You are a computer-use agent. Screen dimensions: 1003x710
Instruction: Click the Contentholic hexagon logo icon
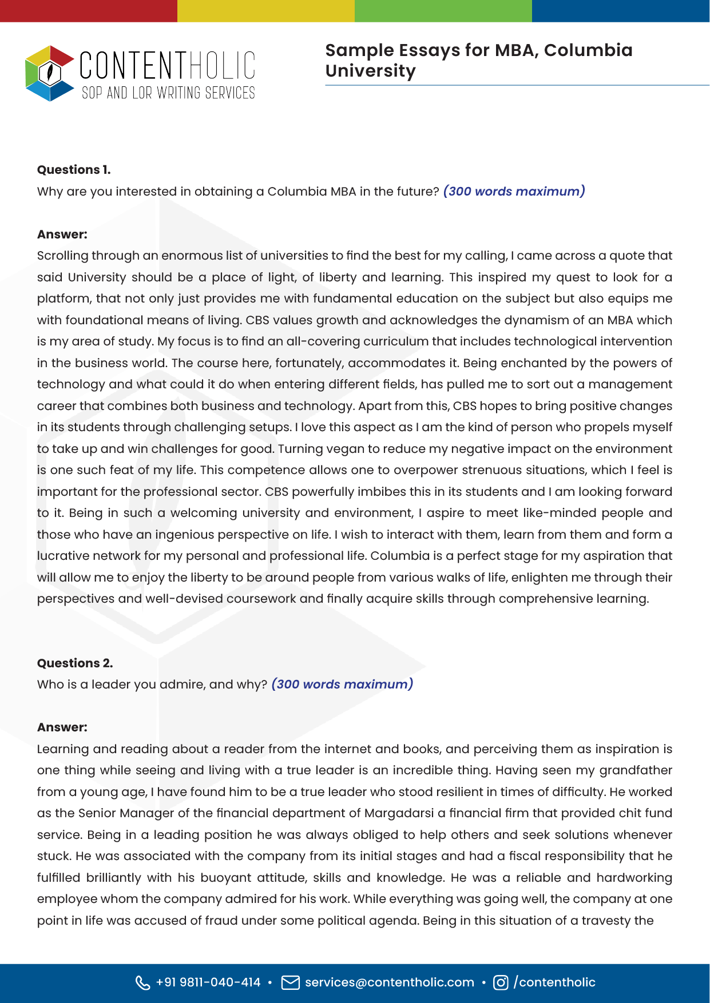[50, 73]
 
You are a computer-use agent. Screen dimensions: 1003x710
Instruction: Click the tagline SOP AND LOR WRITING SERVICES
[168, 93]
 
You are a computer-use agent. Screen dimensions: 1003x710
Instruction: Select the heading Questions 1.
[74, 170]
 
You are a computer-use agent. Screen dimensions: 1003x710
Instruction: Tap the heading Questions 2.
[75, 663]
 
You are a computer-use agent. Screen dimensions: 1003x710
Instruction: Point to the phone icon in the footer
[142, 982]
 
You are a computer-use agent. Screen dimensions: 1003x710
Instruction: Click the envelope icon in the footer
[291, 982]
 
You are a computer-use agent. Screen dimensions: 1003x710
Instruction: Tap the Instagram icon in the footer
[501, 982]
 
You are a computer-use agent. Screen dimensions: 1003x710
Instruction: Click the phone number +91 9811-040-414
[208, 982]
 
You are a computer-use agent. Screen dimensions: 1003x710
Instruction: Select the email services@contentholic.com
[390, 982]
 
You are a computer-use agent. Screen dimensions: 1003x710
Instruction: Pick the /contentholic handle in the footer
[554, 982]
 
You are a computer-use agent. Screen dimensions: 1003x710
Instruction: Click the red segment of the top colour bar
[89, 11]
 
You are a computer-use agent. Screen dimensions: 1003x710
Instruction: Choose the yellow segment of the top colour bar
[266, 11]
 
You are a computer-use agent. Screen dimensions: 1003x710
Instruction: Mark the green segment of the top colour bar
[443, 11]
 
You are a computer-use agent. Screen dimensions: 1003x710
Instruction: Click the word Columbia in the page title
[588, 50]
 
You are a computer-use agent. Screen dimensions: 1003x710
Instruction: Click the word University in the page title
[371, 71]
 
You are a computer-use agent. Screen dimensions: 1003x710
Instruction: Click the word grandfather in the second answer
[636, 770]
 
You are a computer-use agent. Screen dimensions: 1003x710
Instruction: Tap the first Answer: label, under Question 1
[62, 234]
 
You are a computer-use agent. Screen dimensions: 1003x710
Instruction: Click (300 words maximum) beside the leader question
[342, 684]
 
